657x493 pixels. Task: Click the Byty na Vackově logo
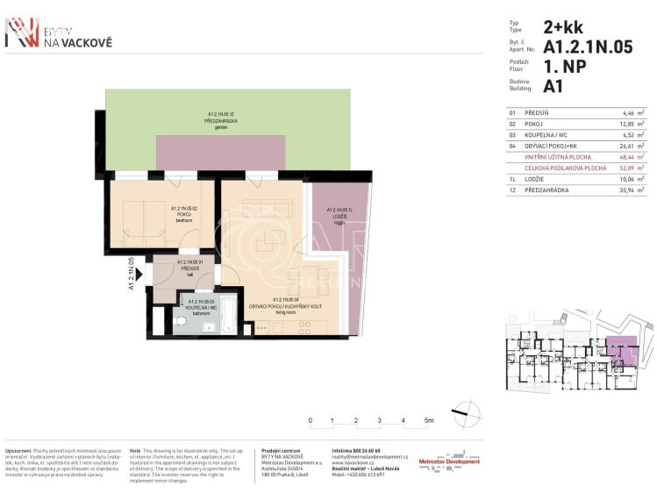[x=58, y=33]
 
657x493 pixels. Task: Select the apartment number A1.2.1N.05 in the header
[x=588, y=47]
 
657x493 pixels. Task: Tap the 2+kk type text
[x=563, y=26]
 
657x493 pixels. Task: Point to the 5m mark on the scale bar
[x=429, y=421]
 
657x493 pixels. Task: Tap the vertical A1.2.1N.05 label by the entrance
[x=131, y=273]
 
